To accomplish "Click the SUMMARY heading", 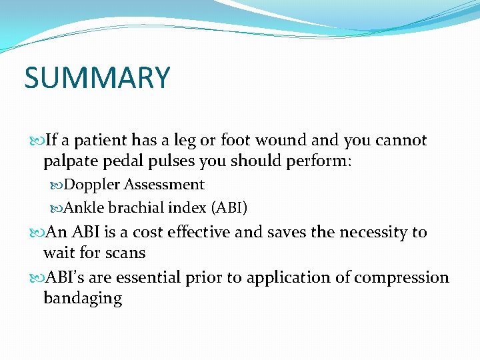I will (97, 78).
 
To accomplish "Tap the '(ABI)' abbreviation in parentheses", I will (229, 208).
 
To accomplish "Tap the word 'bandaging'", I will (83, 298).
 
